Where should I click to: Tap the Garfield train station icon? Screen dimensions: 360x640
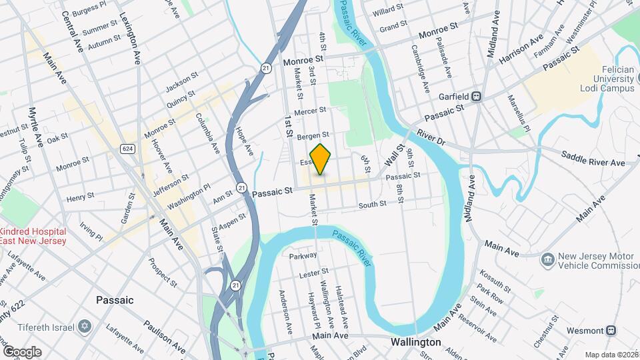point(477,96)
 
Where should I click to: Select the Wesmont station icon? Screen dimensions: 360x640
point(611,330)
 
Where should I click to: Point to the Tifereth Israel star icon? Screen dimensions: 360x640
point(84,327)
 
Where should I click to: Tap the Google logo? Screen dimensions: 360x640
point(21,352)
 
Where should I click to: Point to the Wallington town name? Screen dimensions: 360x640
point(416,342)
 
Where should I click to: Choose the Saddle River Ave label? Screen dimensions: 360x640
point(593,162)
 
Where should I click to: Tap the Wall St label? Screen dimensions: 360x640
point(395,155)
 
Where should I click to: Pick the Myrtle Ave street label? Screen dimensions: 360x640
point(35,127)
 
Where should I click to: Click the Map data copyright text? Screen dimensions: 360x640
point(611,355)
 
